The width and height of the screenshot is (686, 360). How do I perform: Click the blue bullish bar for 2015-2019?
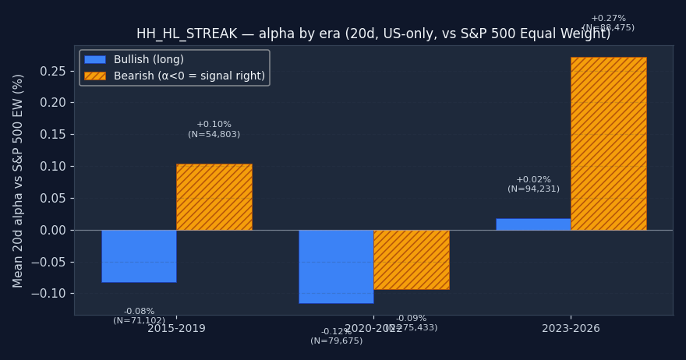pyautogui.click(x=139, y=256)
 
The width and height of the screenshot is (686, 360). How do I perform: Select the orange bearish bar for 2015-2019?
pyautogui.click(x=214, y=196)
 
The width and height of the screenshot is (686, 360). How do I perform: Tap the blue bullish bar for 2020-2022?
pyautogui.click(x=336, y=266)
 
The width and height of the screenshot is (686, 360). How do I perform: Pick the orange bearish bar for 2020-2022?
pyautogui.click(x=411, y=259)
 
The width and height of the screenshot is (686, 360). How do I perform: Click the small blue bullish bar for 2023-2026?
pyautogui.click(x=533, y=224)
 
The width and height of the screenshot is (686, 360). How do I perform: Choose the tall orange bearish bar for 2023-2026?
pyautogui.click(x=608, y=143)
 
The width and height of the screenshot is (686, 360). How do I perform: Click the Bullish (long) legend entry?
pyautogui.click(x=148, y=60)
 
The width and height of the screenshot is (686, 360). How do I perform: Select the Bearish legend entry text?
pyautogui.click(x=189, y=76)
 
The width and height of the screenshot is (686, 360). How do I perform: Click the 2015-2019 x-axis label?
pyautogui.click(x=176, y=329)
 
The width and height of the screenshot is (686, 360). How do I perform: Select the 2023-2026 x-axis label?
pyautogui.click(x=571, y=329)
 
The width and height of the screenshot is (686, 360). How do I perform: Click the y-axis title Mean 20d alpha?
pyautogui.click(x=19, y=180)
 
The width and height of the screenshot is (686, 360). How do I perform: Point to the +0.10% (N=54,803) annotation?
pyautogui.click(x=214, y=129)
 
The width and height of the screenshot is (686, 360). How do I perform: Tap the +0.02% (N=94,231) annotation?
pyautogui.click(x=533, y=184)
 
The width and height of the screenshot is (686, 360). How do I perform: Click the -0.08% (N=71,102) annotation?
pyautogui.click(x=139, y=316)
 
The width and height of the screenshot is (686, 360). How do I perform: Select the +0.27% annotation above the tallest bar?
pyautogui.click(x=608, y=19)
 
